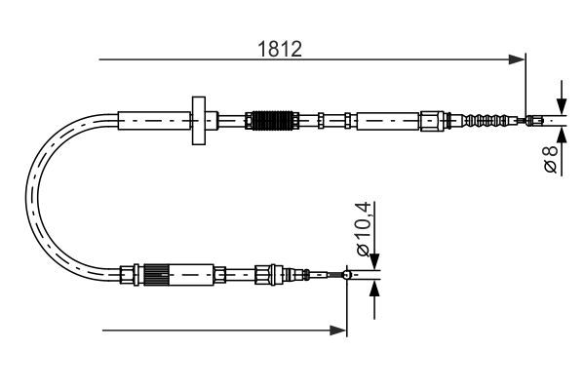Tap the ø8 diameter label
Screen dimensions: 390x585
click(x=552, y=160)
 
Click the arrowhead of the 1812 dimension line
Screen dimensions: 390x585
click(x=519, y=61)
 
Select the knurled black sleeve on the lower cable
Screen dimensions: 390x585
click(x=157, y=275)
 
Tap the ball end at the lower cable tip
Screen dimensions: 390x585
click(x=347, y=275)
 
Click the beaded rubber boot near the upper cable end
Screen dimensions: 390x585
click(x=486, y=122)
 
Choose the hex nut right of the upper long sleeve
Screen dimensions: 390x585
click(x=431, y=122)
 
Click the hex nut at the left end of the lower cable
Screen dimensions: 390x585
click(x=125, y=275)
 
